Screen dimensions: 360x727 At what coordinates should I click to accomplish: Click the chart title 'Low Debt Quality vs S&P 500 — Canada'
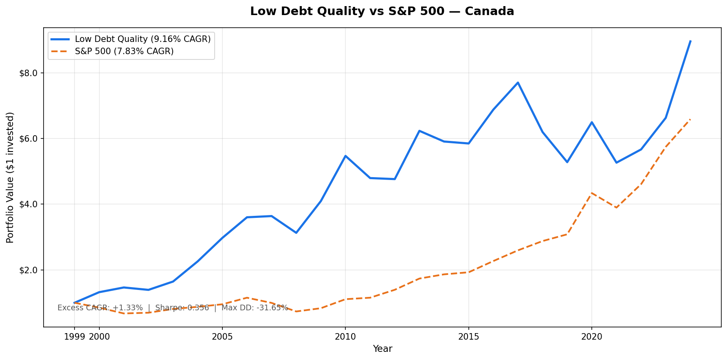[382, 11]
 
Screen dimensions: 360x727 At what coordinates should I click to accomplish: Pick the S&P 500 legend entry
[124, 51]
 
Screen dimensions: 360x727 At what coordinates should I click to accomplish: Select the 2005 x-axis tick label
[222, 337]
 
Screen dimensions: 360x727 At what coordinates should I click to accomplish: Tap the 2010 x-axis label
[345, 337]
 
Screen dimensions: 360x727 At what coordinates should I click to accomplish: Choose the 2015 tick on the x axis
[468, 337]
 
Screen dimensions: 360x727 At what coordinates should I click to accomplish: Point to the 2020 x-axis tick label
[591, 337]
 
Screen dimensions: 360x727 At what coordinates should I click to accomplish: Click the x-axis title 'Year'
[382, 349]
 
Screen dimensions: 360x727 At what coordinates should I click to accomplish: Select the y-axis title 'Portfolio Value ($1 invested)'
[11, 177]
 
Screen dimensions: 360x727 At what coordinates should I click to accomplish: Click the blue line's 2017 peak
[518, 83]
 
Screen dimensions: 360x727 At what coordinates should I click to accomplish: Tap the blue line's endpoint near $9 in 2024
[690, 41]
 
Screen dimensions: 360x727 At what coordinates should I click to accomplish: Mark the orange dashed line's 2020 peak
[591, 193]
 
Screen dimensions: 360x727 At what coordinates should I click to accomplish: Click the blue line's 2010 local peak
[345, 156]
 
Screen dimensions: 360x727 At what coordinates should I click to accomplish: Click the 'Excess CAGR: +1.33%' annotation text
[100, 308]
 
